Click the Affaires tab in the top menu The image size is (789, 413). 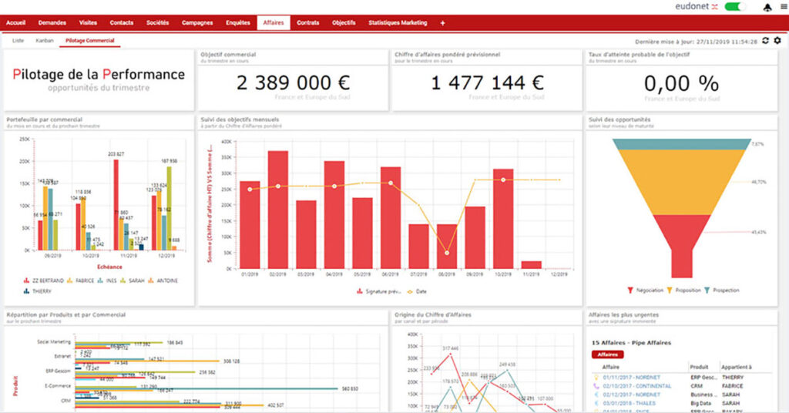[x=273, y=23]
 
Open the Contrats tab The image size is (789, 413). [x=308, y=23]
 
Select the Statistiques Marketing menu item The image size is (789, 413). [x=398, y=23]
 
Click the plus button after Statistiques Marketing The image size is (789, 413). [x=442, y=23]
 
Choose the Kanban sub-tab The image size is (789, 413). [x=45, y=40]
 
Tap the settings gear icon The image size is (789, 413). [x=777, y=40]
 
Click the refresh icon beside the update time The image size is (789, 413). [x=765, y=40]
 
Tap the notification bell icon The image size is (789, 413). [x=767, y=7]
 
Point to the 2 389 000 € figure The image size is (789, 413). [x=293, y=82]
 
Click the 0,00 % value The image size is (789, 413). [x=680, y=83]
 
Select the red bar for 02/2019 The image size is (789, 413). [x=278, y=210]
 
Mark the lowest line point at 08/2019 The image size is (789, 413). [x=446, y=253]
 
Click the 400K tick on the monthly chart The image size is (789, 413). [x=226, y=142]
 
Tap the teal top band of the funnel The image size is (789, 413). [x=681, y=144]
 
